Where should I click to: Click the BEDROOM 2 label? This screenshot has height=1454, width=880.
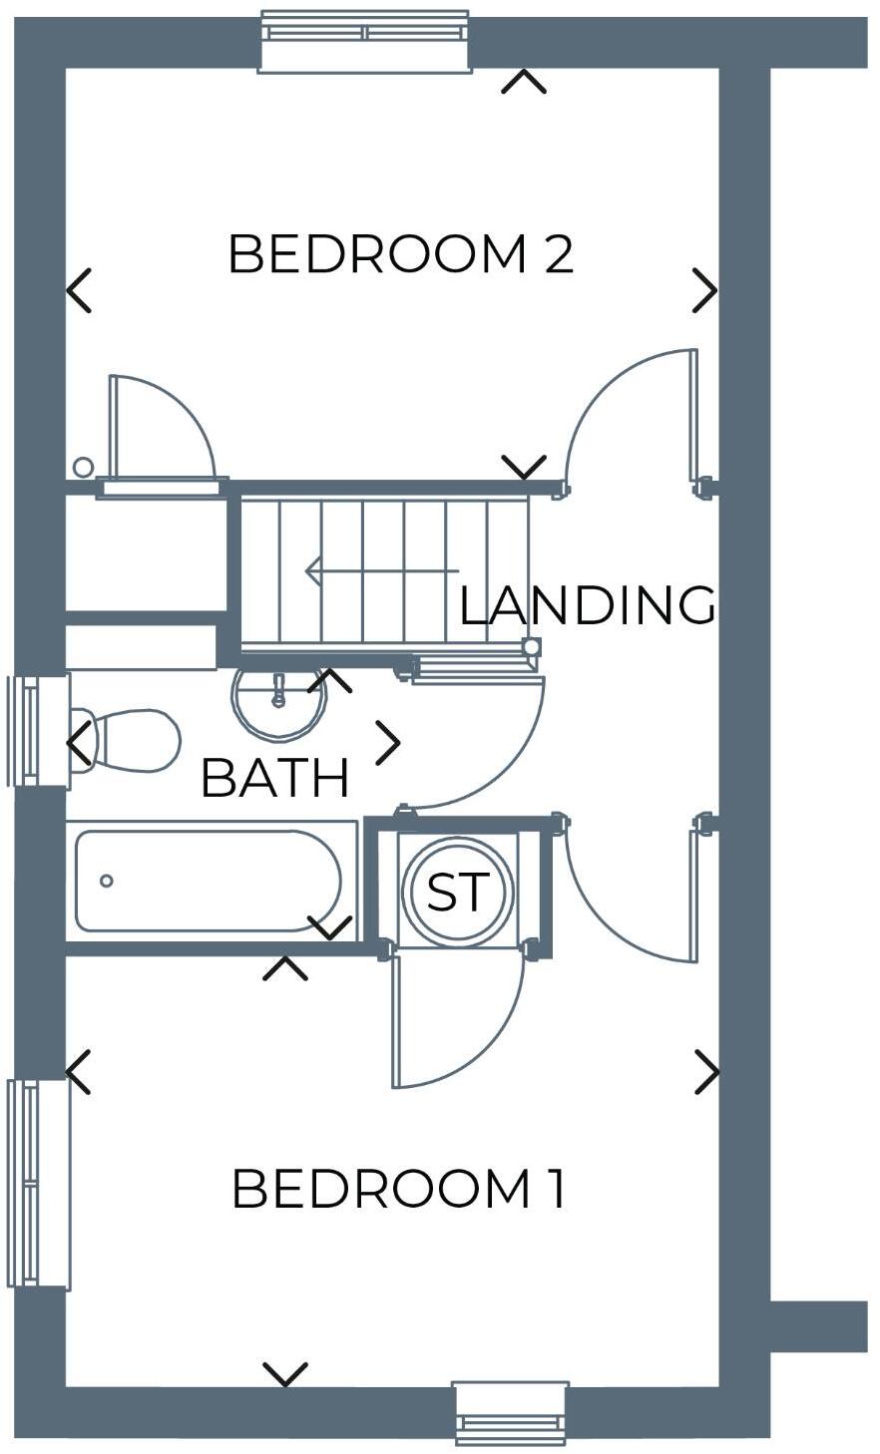[x=400, y=254]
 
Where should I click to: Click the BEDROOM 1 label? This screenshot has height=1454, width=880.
[x=399, y=1189]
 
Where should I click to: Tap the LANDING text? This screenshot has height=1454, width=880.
[x=587, y=605]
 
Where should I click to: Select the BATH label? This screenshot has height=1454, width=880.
[x=275, y=779]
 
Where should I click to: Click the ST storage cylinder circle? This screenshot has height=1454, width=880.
[x=458, y=892]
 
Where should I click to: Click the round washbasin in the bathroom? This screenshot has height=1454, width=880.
[x=279, y=701]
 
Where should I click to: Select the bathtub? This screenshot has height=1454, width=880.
[x=210, y=881]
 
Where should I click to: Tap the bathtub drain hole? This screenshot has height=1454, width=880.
[x=107, y=881]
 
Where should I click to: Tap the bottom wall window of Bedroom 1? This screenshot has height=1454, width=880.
[x=511, y=1413]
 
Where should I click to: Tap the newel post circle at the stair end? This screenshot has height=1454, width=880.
[x=532, y=647]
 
